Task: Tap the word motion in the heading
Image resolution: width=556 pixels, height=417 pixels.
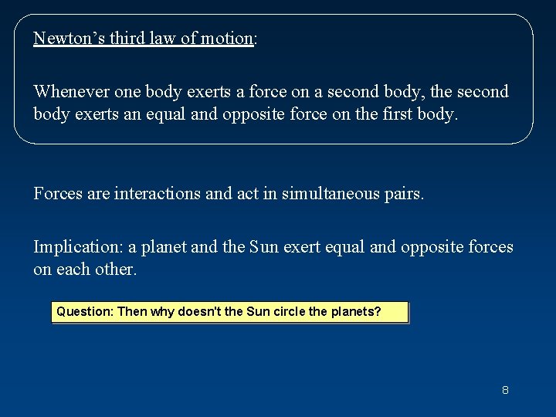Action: (228, 39)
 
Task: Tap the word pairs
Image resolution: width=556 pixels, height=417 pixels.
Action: (402, 193)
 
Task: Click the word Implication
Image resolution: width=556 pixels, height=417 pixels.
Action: (76, 247)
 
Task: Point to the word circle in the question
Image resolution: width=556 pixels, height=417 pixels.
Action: (286, 312)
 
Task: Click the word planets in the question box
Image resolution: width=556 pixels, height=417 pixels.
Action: (355, 312)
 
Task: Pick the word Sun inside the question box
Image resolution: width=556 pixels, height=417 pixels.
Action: (256, 312)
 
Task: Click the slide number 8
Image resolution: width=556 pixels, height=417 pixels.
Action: (505, 390)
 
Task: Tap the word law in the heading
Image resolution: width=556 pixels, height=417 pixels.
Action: (164, 39)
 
